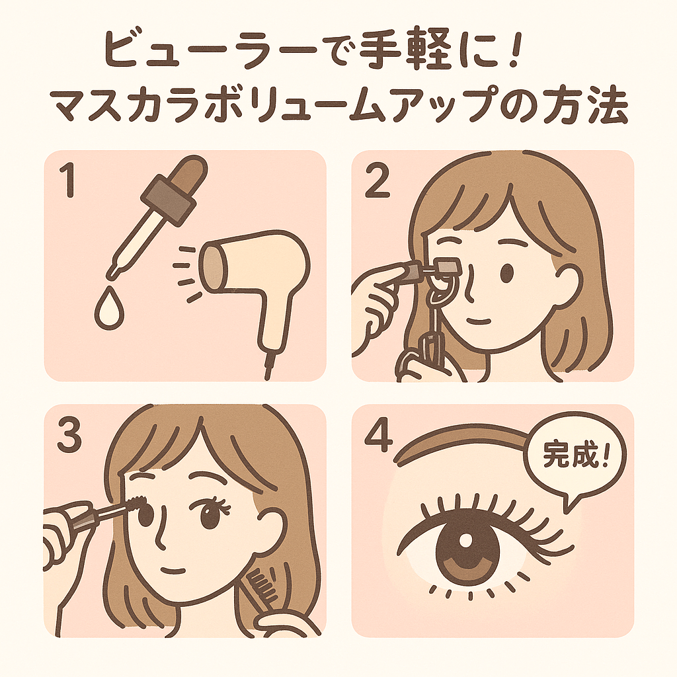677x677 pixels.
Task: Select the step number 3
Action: click(x=69, y=436)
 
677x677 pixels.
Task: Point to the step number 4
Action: click(x=379, y=436)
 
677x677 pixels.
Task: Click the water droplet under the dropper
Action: click(x=109, y=307)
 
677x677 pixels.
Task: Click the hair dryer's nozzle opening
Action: click(x=214, y=267)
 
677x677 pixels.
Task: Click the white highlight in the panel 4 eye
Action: click(x=466, y=541)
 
